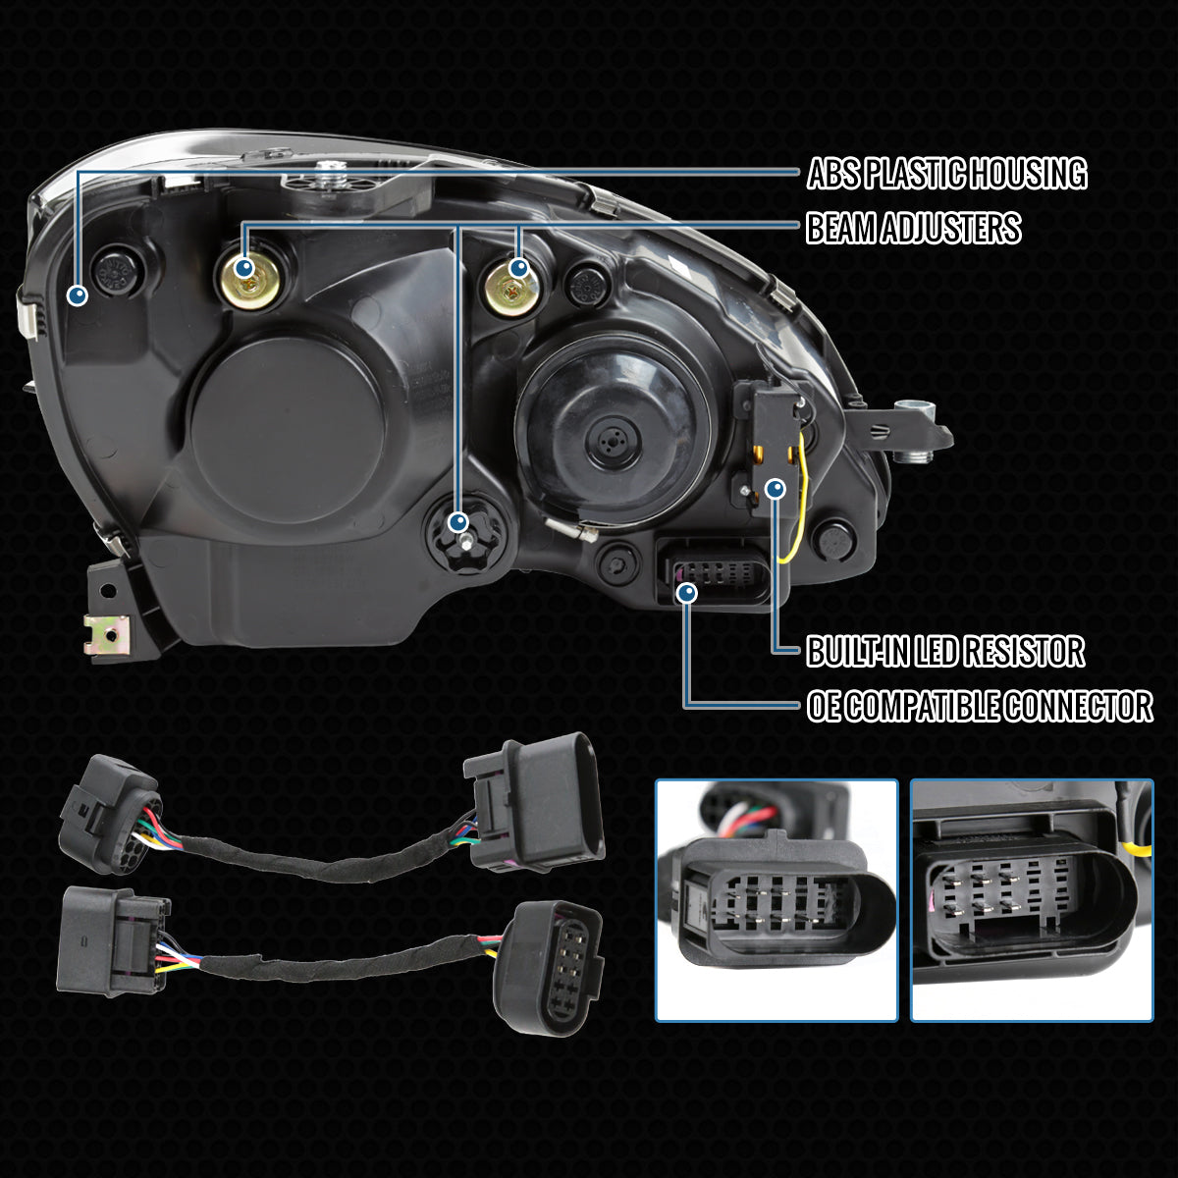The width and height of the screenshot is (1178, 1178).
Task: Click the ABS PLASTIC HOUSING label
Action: coord(946,173)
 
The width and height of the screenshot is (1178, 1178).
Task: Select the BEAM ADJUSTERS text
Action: coord(913,228)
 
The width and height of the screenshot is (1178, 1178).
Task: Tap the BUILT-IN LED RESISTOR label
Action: coord(945,651)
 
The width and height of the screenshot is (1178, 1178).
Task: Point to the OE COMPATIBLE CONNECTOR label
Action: coord(980,706)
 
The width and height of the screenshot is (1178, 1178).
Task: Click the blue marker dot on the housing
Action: coord(77,295)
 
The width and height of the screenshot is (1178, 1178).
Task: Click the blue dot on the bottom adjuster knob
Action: coord(457,522)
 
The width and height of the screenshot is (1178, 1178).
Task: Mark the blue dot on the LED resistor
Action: coord(776,489)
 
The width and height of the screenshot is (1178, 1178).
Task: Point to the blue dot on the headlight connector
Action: coord(688,592)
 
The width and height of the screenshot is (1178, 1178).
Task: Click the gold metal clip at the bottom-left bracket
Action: coord(107,634)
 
